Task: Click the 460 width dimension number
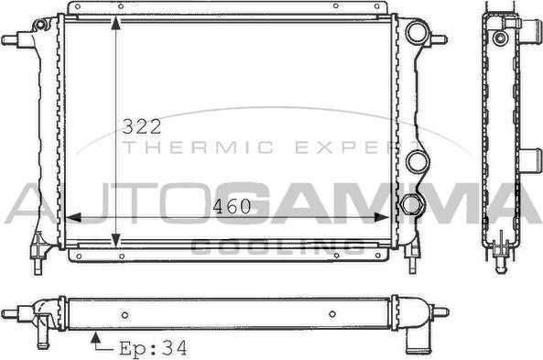pyautogui.click(x=232, y=207)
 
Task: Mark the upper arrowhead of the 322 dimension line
pyautogui.click(x=115, y=21)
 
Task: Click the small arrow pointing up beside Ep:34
pyautogui.click(x=95, y=342)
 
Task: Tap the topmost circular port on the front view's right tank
pyautogui.click(x=417, y=35)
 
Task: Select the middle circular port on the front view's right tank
pyautogui.click(x=418, y=162)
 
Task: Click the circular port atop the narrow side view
pyautogui.click(x=499, y=38)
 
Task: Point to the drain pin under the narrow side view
pyautogui.click(x=500, y=264)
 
